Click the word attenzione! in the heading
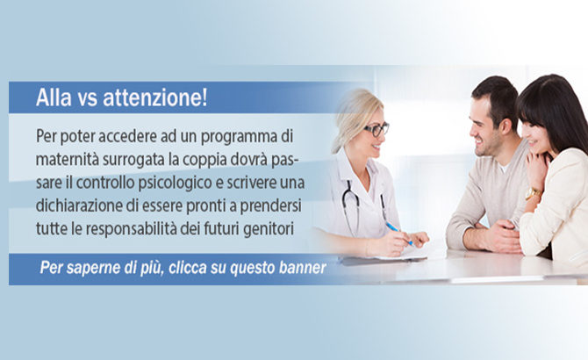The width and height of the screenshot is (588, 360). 154,97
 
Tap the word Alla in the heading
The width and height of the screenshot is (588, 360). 54,97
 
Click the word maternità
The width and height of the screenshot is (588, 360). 68,160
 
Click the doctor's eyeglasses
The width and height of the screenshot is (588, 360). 376,129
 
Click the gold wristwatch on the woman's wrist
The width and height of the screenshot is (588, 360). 533,193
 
